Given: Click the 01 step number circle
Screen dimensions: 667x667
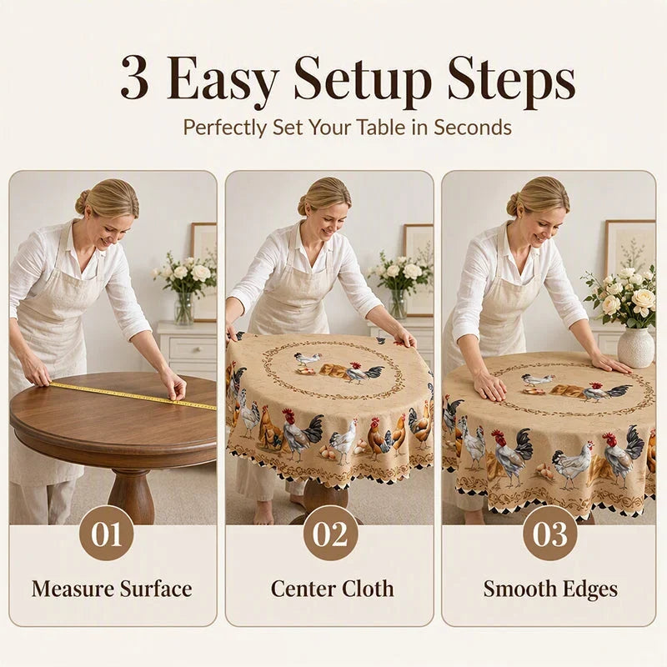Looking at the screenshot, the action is [x=107, y=534].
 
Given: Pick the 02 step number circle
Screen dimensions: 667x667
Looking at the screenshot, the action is [x=330, y=534].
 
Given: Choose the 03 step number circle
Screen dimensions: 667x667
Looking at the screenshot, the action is [x=549, y=534].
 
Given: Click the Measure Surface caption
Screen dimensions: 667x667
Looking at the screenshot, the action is [x=112, y=589].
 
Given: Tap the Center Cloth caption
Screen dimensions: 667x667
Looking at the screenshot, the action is [x=332, y=589].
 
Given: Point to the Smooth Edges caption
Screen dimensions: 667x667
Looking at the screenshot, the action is [x=550, y=590].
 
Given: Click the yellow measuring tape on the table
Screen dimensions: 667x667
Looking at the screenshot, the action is [x=132, y=395].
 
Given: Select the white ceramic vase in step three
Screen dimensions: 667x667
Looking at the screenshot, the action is [x=635, y=347].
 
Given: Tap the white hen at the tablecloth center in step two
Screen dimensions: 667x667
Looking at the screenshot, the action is [x=308, y=359].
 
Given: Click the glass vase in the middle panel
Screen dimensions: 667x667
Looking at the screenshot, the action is [x=399, y=303].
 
